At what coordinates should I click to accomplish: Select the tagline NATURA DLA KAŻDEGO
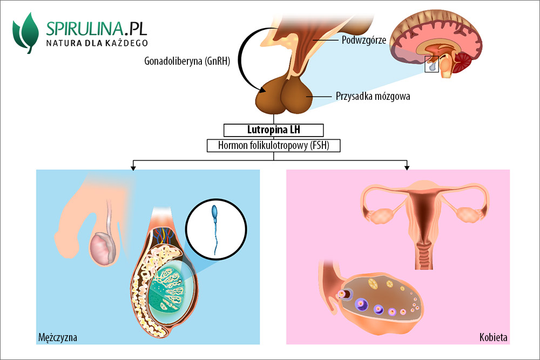pos(97,42)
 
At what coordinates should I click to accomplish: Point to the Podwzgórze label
pos(362,39)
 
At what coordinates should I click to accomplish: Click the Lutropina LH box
pos(274,130)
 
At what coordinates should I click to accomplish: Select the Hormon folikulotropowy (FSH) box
pos(274,145)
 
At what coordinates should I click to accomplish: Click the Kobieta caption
pos(493,338)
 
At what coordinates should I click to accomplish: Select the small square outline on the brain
pos(432,64)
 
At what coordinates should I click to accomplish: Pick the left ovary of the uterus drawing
pos(383,215)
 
